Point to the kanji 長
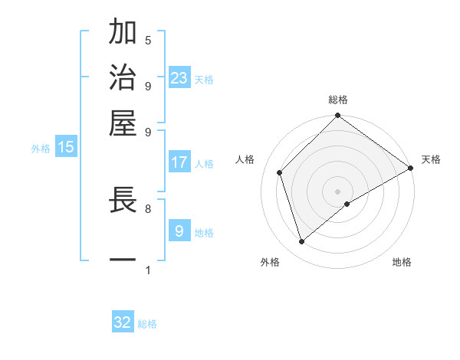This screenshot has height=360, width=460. pyautogui.click(x=123, y=201)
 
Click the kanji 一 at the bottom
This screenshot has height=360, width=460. pyautogui.click(x=123, y=260)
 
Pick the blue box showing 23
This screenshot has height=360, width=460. pyautogui.click(x=179, y=78)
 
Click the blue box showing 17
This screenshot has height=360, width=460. pyautogui.click(x=179, y=162)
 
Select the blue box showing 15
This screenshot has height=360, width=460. pyautogui.click(x=66, y=147)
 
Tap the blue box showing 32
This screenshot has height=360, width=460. pyautogui.click(x=123, y=322)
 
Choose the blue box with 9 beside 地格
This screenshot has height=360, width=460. pyautogui.click(x=179, y=231)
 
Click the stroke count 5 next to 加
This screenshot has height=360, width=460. pyautogui.click(x=148, y=40)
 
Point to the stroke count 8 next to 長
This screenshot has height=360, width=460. pyautogui.click(x=148, y=208)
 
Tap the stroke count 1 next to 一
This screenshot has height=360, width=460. pyautogui.click(x=148, y=270)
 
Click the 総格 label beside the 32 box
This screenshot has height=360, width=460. pyautogui.click(x=147, y=324)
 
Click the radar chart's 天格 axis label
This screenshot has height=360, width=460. pyautogui.click(x=431, y=159)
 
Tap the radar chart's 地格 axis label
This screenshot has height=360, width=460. pyautogui.click(x=402, y=262)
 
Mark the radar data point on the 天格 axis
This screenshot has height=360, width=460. pyautogui.click(x=410, y=168)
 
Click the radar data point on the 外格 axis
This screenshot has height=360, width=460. pyautogui.click(x=302, y=242)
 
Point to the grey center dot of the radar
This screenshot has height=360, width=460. pyautogui.click(x=338, y=191)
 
